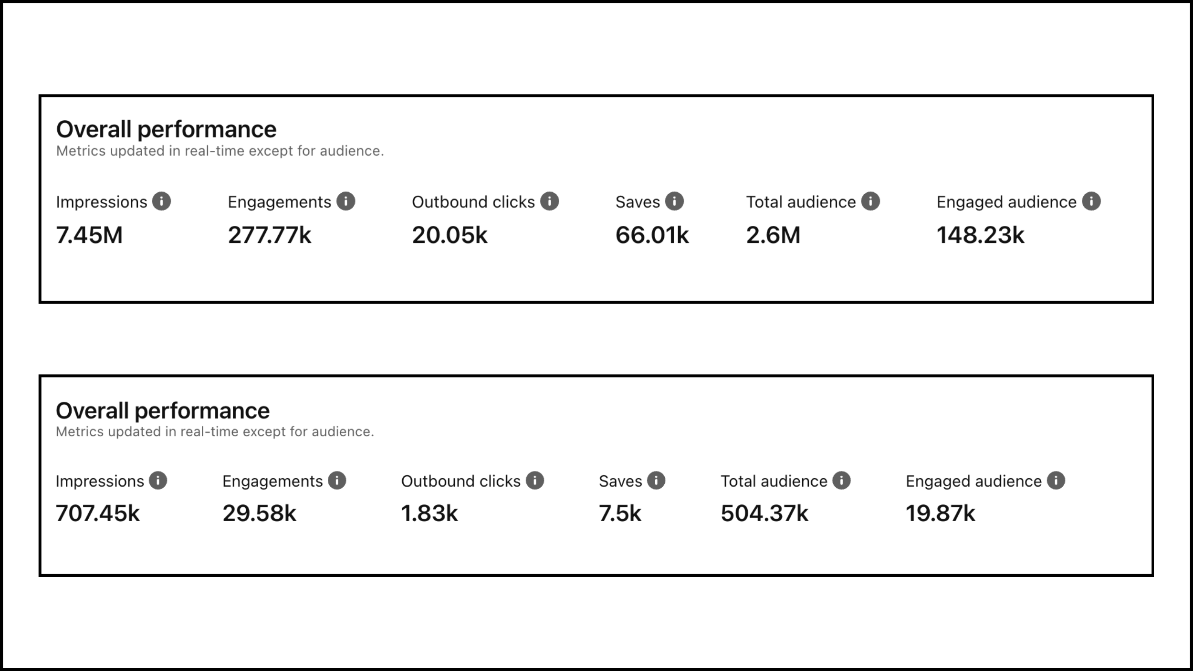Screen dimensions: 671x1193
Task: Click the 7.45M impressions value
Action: (89, 235)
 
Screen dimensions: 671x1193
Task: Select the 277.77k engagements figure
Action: (269, 235)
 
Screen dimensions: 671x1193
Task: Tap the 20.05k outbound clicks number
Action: (450, 235)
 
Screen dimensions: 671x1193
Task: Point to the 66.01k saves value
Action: (652, 235)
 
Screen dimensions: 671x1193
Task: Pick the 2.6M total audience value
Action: (773, 235)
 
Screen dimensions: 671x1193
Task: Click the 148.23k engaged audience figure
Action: (980, 235)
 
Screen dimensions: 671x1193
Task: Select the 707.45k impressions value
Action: (98, 514)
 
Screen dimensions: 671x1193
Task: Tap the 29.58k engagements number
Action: (259, 514)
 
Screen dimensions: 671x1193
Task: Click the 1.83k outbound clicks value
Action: (429, 514)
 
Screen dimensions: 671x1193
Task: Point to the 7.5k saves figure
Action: (620, 514)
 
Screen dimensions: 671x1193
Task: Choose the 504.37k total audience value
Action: (764, 514)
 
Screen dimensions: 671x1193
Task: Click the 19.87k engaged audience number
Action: (940, 514)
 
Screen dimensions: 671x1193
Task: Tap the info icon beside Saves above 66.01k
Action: (674, 201)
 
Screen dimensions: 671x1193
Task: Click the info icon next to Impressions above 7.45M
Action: (161, 201)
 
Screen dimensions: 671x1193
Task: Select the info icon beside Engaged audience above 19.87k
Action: (1056, 481)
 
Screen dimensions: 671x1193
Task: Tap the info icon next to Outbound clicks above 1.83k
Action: (535, 481)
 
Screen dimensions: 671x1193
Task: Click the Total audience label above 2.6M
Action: (801, 202)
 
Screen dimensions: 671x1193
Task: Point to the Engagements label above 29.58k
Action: (272, 482)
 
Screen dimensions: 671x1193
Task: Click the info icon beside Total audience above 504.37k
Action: (841, 481)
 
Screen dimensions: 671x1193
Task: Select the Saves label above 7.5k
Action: (620, 482)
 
